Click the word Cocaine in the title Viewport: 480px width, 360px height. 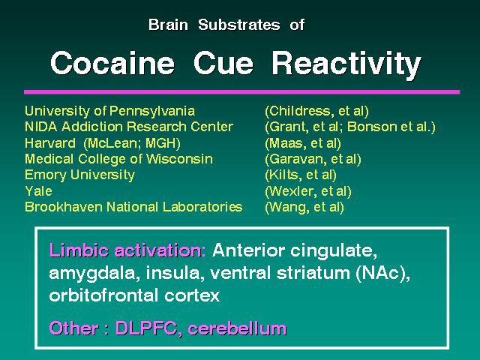coord(112,63)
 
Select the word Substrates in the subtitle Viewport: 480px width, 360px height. coord(238,25)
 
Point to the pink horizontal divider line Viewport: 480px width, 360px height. coord(241,91)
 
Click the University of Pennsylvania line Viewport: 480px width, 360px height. coord(109,111)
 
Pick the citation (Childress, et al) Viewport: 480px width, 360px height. coord(316,111)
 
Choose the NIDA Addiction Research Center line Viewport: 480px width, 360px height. coord(129,127)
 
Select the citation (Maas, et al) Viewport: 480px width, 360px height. coord(303,143)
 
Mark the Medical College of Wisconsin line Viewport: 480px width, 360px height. coord(118,159)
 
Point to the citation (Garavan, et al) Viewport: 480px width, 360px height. coord(313,159)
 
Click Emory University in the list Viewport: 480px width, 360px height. coord(79,175)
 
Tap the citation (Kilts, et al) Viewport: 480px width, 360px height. coord(301,175)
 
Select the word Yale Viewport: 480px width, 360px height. coord(38,191)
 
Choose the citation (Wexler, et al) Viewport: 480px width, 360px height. coord(308,191)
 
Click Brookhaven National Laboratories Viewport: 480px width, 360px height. coord(133,207)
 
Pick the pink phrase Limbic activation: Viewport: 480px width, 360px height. coord(127,250)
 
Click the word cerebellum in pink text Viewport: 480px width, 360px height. coord(237,328)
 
